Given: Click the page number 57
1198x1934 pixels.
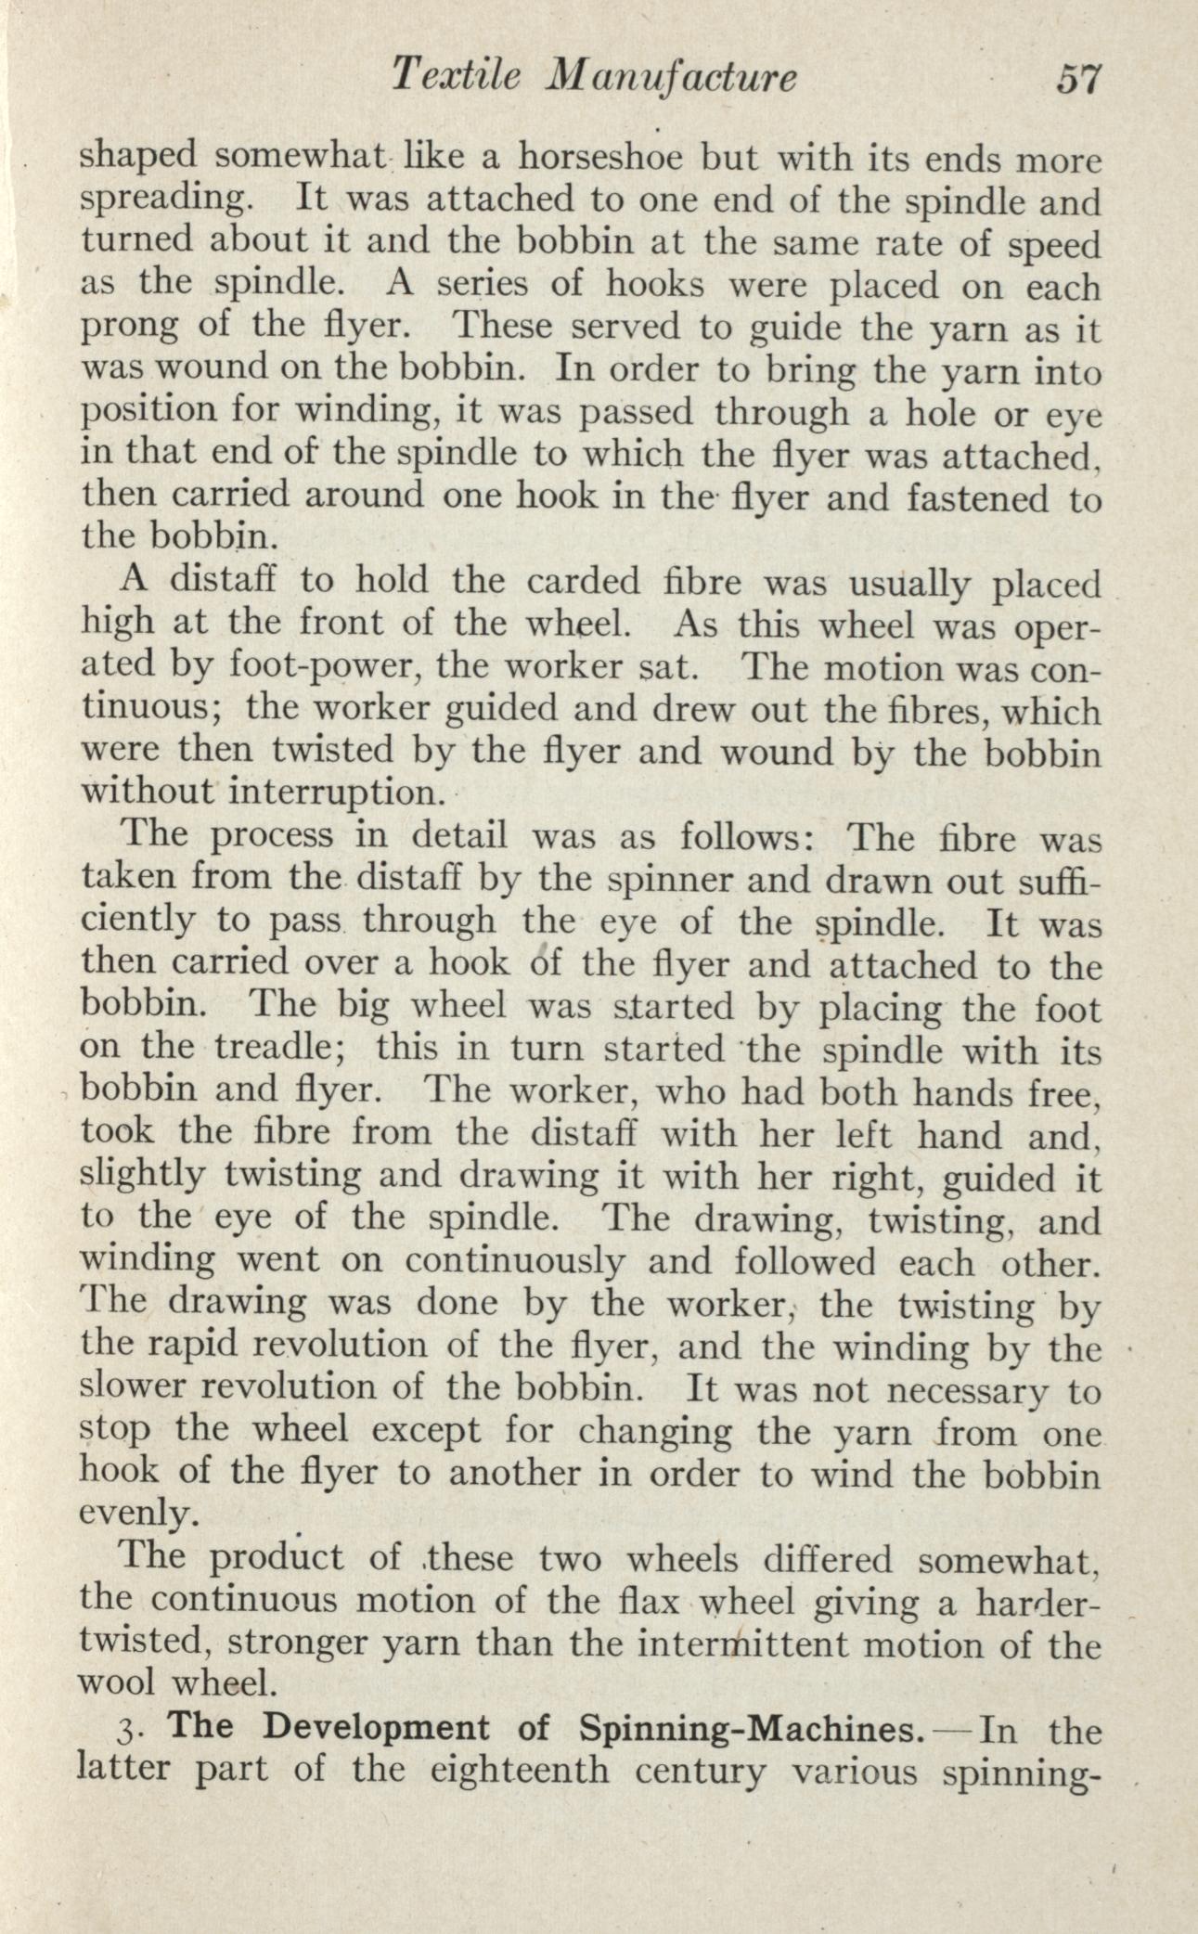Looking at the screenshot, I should (1076, 79).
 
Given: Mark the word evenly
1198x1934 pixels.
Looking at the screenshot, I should (138, 1515).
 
